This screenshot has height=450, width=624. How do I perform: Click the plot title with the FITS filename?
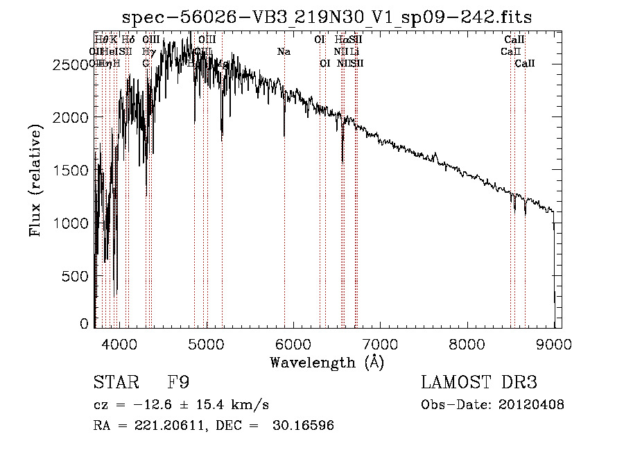(x=327, y=18)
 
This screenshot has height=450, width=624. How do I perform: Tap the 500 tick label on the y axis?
(x=78, y=276)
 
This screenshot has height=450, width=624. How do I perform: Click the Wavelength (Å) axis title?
(x=327, y=362)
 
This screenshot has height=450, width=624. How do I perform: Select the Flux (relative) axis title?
(x=35, y=179)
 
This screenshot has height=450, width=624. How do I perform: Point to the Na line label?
(x=284, y=51)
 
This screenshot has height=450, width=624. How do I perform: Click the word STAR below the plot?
(x=115, y=382)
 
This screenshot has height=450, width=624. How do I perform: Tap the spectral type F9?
(x=177, y=382)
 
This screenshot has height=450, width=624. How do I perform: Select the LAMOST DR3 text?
(x=479, y=382)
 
